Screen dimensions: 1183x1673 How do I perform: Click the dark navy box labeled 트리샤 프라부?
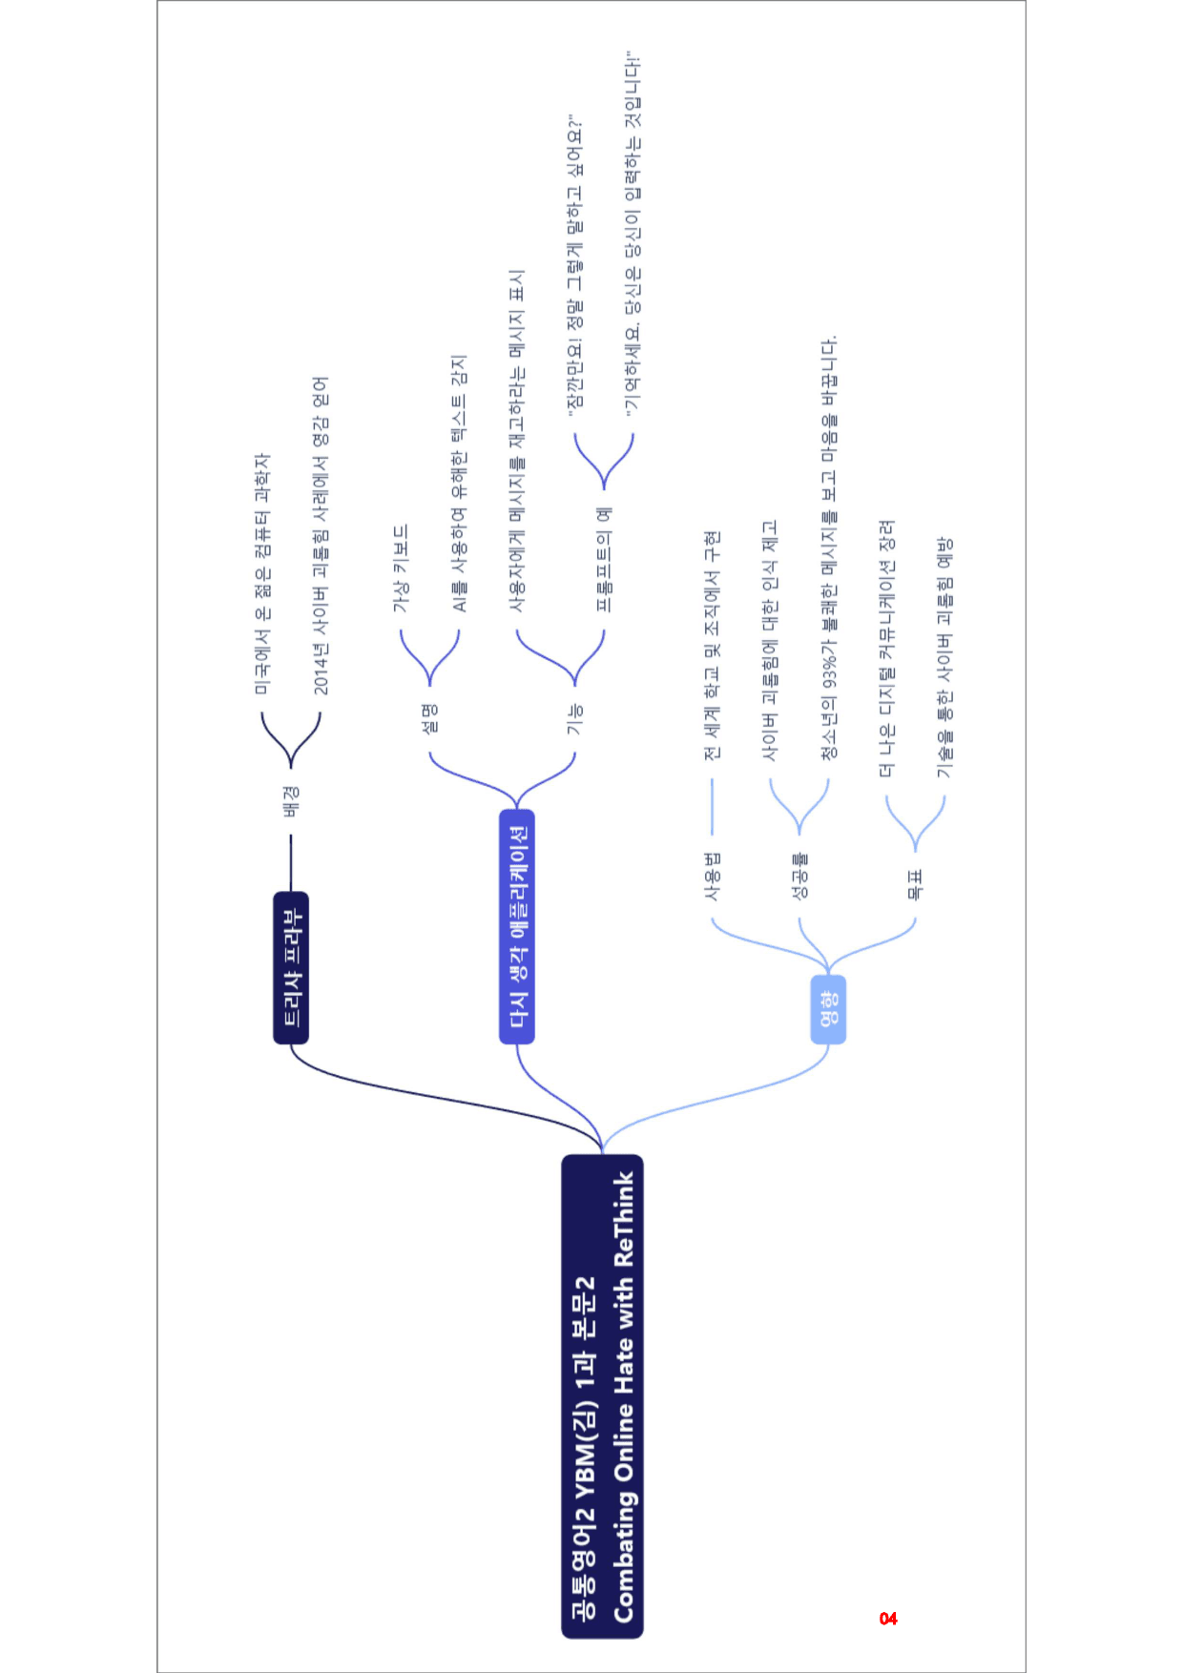click(x=291, y=967)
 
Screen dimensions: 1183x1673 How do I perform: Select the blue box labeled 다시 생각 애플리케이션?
click(x=517, y=926)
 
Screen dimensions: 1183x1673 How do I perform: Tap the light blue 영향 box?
click(x=828, y=1009)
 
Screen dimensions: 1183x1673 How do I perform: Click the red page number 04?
click(x=888, y=1619)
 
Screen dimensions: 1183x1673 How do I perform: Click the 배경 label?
click(x=291, y=801)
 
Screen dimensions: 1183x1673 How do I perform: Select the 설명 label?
click(x=430, y=718)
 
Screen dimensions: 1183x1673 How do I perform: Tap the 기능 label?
click(x=575, y=718)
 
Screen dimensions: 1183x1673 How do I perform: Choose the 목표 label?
click(x=915, y=884)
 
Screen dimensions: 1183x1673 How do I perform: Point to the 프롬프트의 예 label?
click(x=604, y=559)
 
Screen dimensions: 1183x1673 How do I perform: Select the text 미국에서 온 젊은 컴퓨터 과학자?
click(x=262, y=574)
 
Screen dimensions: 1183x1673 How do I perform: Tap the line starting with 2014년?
click(x=321, y=536)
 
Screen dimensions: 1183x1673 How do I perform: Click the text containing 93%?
click(x=829, y=547)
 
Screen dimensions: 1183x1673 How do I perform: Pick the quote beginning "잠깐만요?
click(x=575, y=266)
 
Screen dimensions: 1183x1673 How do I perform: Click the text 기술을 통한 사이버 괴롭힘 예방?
click(x=944, y=657)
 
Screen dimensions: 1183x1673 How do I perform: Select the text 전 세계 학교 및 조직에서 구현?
click(x=712, y=646)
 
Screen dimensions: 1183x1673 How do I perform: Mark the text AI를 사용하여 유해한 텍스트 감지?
click(x=459, y=484)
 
